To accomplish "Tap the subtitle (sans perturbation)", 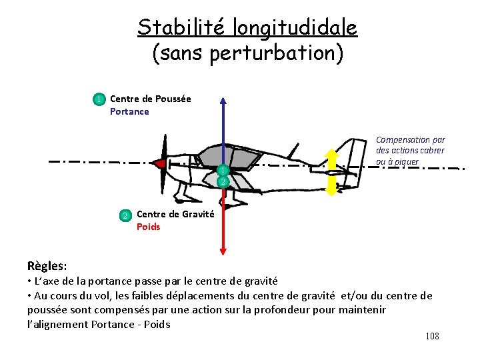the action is click(248, 53).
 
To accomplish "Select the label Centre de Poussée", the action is click(150, 99).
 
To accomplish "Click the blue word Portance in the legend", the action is click(129, 111).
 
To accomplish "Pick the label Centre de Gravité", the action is click(175, 214).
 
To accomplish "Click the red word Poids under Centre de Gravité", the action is click(148, 227).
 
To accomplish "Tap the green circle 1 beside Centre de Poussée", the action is click(99, 99).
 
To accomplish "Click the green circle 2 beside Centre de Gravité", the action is click(125, 215).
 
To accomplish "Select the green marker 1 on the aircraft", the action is click(223, 171).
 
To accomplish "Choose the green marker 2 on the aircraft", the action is click(223, 181).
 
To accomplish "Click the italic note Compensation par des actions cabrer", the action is click(410, 151).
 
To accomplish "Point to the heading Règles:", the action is click(47, 265).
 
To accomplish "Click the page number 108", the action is click(432, 336).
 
